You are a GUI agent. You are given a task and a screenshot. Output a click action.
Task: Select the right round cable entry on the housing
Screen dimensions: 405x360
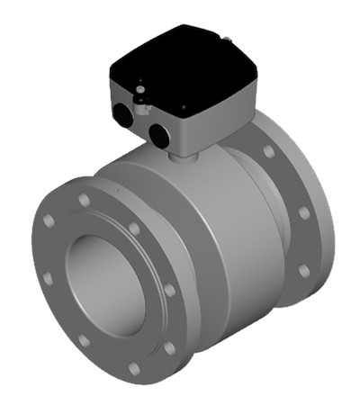pos(159,134)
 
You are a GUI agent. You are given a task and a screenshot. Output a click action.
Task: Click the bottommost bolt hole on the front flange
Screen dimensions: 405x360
pos(134,368)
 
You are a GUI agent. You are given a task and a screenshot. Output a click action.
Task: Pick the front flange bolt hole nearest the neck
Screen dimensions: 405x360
pos(133,229)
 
